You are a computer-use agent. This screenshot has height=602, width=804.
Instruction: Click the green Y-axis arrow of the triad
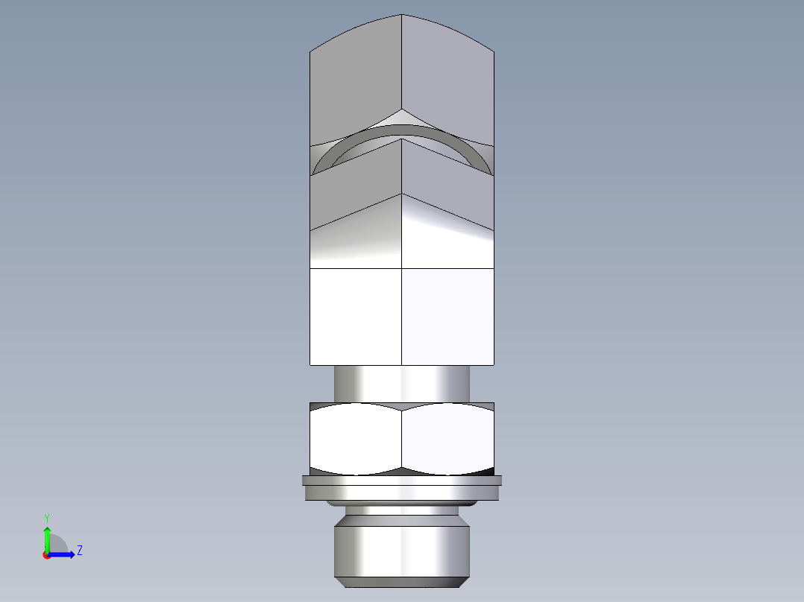[x=47, y=536]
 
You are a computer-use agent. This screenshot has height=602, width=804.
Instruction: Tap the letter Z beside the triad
[x=79, y=551]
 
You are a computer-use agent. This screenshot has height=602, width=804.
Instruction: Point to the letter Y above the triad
[x=46, y=517]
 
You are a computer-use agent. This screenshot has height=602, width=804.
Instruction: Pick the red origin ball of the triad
[x=46, y=555]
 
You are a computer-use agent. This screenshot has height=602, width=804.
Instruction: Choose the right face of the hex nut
[x=447, y=440]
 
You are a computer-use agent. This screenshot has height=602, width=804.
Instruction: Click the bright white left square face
[x=356, y=317]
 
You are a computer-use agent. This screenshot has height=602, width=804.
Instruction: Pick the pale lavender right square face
[x=447, y=317]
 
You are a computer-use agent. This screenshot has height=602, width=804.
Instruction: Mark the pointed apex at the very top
[x=402, y=15]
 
